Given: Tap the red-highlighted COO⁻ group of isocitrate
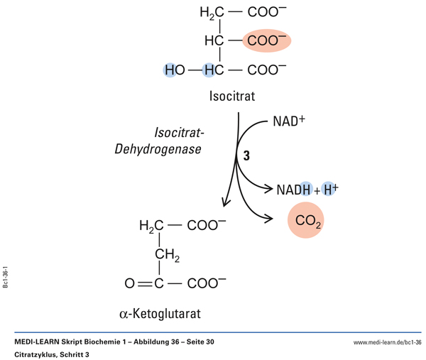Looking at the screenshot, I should (x=267, y=40).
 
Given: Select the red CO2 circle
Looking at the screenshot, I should (x=309, y=223).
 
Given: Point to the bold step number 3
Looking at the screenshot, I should (x=246, y=157).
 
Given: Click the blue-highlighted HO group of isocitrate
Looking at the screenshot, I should (x=175, y=70).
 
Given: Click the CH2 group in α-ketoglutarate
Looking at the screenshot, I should (x=168, y=253).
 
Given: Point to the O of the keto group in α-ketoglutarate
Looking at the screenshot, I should (x=129, y=283).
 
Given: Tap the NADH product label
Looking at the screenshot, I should (x=294, y=190).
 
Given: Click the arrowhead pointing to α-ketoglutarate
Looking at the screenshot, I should (x=226, y=202).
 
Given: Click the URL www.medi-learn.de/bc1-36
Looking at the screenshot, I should (x=387, y=342).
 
